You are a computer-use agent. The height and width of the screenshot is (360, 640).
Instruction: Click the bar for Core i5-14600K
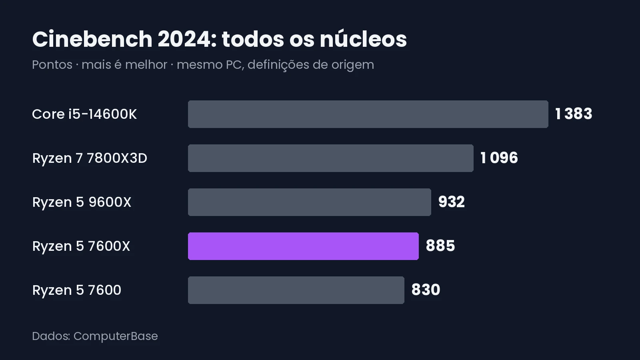pos(368,114)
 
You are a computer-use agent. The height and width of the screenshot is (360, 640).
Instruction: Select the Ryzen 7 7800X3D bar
pos(330,158)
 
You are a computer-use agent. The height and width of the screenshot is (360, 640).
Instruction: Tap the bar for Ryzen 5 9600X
pos(310,202)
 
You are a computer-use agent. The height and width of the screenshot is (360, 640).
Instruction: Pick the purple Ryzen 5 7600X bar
pos(304,246)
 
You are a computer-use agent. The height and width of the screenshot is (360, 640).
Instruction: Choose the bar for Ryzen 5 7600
pos(296,290)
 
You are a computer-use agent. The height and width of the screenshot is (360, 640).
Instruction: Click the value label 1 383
pos(574,114)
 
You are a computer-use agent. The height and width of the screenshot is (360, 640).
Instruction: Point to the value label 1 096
pos(499,158)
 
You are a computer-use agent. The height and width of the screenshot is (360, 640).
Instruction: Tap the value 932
pos(452,202)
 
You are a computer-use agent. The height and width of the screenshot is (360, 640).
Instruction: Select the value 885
pos(440,246)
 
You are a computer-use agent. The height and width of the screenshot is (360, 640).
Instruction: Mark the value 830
pos(426,290)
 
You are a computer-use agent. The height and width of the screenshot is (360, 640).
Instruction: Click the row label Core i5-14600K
pos(84,114)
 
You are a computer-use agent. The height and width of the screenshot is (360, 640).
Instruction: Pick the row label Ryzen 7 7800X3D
pos(90,158)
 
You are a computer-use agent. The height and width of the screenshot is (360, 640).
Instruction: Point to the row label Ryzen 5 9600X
pos(82,202)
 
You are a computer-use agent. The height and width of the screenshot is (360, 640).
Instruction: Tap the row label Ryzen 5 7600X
pos(81,246)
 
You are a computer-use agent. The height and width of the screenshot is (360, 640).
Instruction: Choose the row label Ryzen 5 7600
pos(76,290)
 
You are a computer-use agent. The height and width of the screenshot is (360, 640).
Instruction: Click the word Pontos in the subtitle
pos(52,64)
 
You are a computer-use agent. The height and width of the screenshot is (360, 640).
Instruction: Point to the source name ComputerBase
pos(116,336)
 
